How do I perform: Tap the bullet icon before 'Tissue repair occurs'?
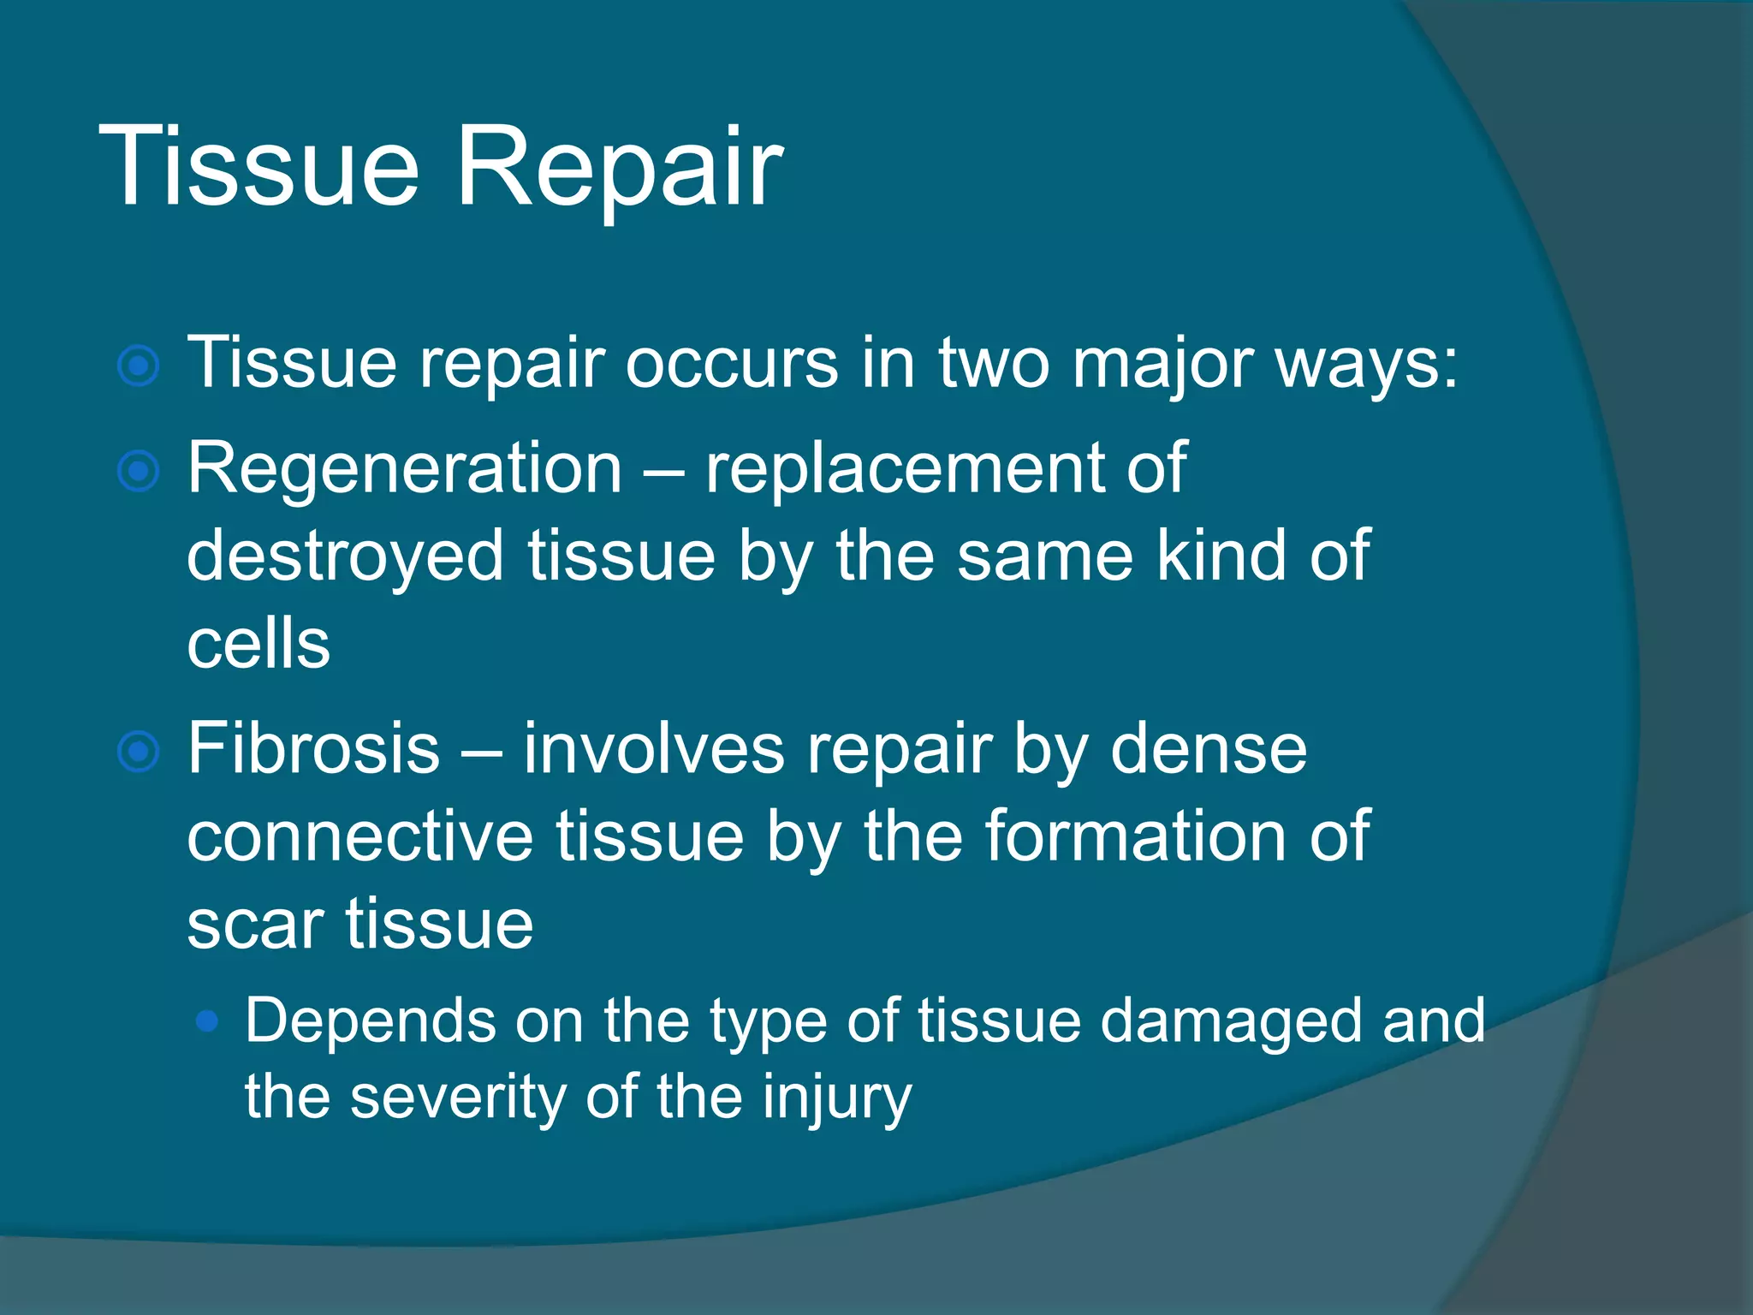[139, 366]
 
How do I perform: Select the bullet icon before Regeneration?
[139, 472]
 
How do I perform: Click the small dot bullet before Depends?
[207, 1020]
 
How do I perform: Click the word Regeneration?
[404, 468]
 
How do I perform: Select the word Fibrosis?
[313, 748]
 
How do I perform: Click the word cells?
[258, 644]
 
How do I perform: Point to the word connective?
[360, 836]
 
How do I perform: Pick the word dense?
[1208, 748]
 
